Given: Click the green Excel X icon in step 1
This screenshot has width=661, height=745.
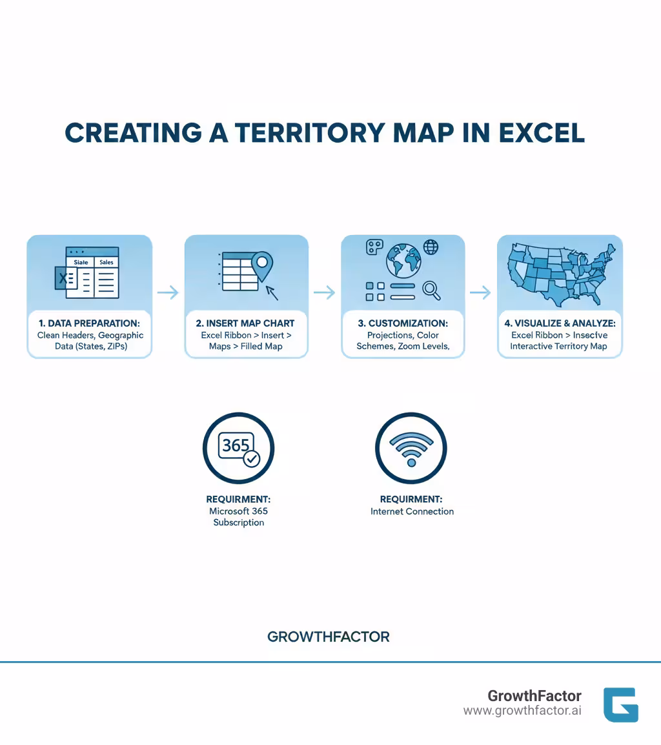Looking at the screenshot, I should point(63,279).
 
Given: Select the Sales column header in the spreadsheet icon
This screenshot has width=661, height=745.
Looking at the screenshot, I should point(107,262).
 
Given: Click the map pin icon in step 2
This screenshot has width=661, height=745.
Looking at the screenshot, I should point(261,264).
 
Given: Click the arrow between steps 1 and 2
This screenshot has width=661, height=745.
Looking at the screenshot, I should point(168,293).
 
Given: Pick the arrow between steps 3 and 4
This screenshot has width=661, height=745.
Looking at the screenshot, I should point(480,293).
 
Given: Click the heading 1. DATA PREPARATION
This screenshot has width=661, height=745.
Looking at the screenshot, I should point(89,323).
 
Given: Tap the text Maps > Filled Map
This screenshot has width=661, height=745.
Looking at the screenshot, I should point(246,346).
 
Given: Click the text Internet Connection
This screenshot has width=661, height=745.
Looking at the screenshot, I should point(412,511).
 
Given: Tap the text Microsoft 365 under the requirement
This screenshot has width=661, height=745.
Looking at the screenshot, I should point(238,511).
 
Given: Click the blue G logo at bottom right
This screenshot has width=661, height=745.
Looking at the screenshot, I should point(620,704).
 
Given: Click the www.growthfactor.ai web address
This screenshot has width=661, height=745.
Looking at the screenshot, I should point(522,711).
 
